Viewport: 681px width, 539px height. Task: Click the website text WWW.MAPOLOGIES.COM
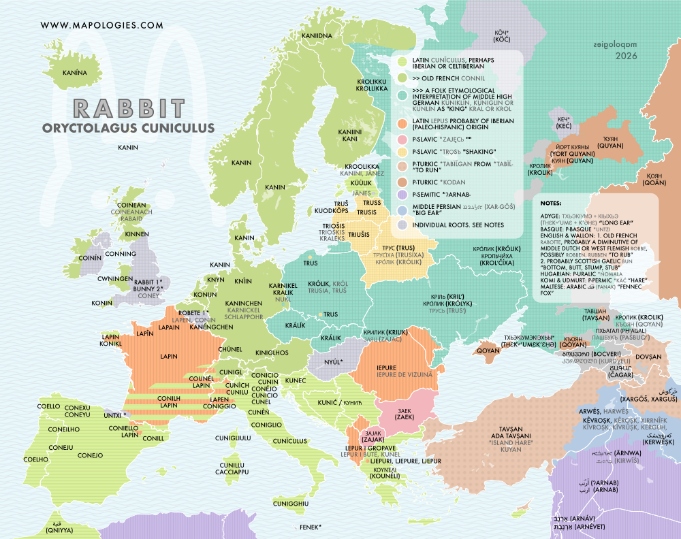[101, 25]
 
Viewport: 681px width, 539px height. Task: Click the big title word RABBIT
[129, 109]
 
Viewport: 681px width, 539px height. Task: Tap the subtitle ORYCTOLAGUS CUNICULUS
[128, 127]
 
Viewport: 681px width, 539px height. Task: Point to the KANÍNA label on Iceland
[76, 71]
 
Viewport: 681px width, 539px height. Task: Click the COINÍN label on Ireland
[90, 259]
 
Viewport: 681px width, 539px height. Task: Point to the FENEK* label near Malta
[310, 527]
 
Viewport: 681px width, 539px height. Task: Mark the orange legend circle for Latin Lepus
[403, 123]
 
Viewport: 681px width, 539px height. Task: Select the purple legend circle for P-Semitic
[403, 195]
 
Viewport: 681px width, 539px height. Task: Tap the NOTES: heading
[552, 203]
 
